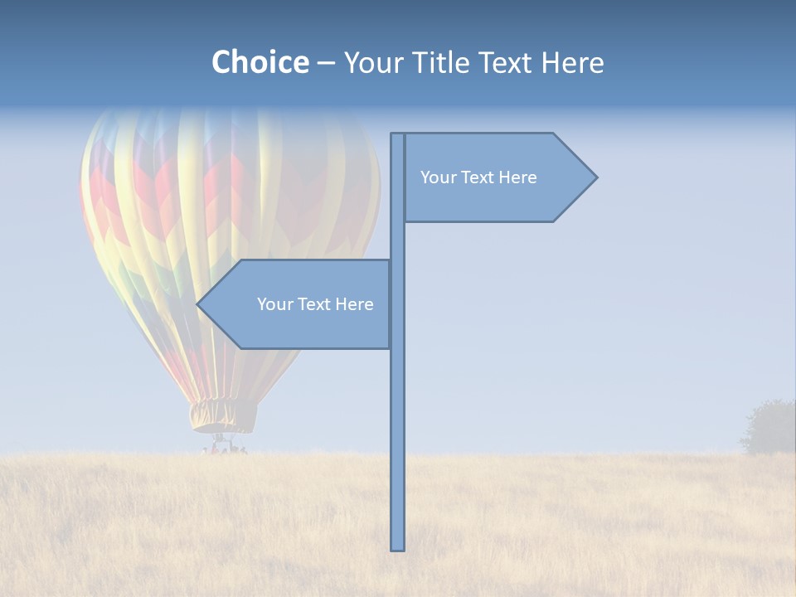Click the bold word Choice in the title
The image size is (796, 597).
[x=260, y=62]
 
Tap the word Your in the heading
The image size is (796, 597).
[x=374, y=62]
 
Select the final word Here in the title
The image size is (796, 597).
[x=572, y=62]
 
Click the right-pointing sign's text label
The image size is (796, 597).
[x=478, y=177]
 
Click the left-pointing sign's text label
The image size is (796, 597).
[x=315, y=304]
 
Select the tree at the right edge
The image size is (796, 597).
[x=769, y=428]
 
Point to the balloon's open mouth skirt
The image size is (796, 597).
[x=222, y=415]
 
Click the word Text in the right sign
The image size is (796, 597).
[x=479, y=177]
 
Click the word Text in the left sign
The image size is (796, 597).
[x=316, y=304]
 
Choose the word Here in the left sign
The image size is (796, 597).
[x=355, y=304]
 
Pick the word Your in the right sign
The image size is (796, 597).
[x=438, y=177]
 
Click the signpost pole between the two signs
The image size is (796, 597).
[x=397, y=240]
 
